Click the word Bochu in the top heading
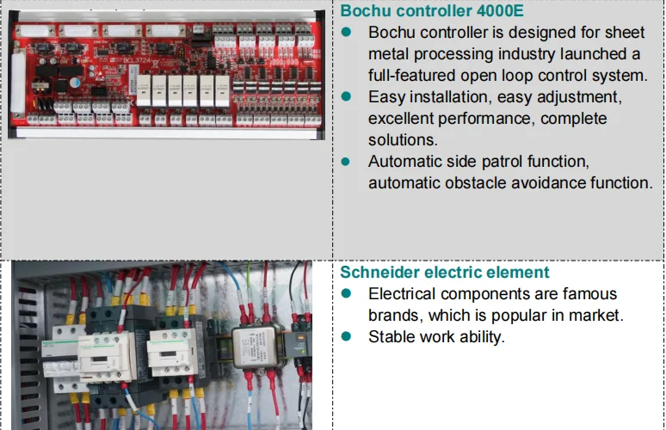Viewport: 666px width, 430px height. coord(367,11)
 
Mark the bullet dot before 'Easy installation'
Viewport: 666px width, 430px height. coord(347,96)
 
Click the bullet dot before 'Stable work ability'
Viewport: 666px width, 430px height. coord(347,336)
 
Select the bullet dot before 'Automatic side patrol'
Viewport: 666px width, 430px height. coord(347,161)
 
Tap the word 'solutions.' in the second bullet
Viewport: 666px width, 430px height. coord(404,139)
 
